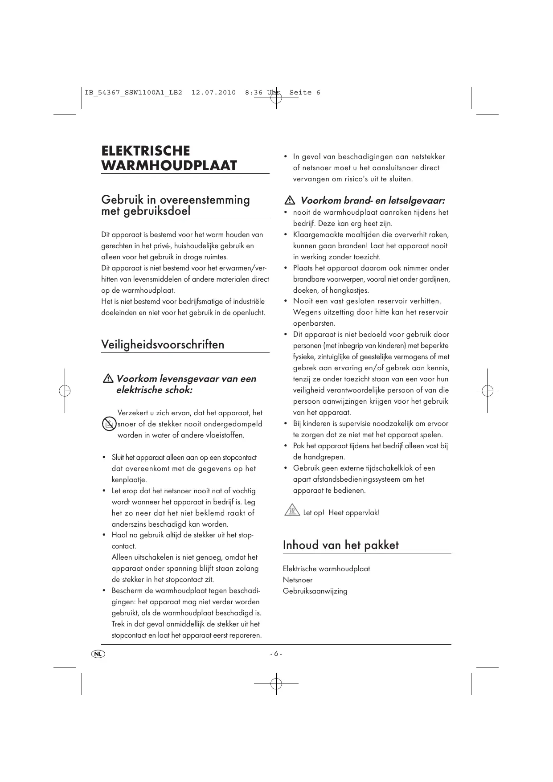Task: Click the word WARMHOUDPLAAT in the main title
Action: click(169, 165)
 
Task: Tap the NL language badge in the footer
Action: click(98, 654)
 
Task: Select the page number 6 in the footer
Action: click(276, 654)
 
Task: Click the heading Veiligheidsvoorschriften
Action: click(163, 344)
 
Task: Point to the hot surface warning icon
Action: click(291, 510)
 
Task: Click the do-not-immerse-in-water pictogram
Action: click(109, 424)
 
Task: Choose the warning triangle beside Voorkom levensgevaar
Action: click(108, 379)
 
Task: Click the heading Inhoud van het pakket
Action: click(340, 545)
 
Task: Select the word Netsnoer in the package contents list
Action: click(298, 580)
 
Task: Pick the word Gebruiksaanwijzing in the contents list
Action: click(315, 591)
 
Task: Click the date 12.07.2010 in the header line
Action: click(213, 93)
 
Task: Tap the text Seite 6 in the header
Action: click(305, 93)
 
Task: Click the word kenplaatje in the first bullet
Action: click(129, 479)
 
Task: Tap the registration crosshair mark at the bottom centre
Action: click(276, 683)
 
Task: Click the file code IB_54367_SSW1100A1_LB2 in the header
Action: click(133, 93)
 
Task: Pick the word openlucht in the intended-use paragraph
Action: click(248, 312)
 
